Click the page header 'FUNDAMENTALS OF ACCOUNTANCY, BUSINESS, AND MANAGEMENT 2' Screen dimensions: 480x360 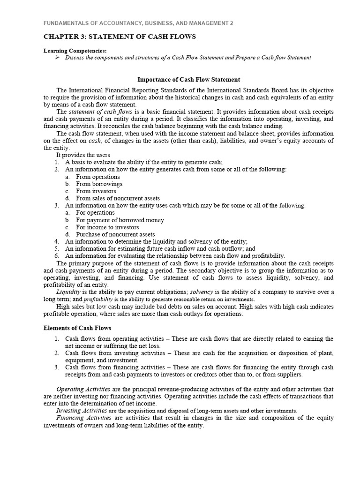pyautogui.click(x=138, y=22)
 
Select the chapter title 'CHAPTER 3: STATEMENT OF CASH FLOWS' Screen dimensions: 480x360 pyautogui.click(x=120, y=37)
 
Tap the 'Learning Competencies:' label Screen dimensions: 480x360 pyautogui.click(x=75, y=50)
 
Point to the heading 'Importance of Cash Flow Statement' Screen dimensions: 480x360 pyautogui.click(x=188, y=79)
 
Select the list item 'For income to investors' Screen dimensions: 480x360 pyautogui.click(x=107, y=227)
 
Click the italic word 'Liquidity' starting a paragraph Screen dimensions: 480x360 pyautogui.click(x=68, y=292)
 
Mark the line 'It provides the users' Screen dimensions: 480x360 pyautogui.click(x=83, y=155)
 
